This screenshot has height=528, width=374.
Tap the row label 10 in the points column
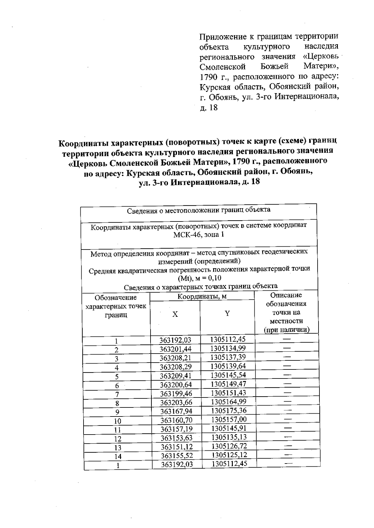117,421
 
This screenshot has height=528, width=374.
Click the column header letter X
175,315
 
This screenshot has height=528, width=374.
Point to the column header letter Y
227,314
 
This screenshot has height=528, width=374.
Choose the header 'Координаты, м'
202,297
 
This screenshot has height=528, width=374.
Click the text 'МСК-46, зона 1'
199,235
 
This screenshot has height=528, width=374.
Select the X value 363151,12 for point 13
176,447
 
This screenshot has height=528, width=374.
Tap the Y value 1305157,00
229,419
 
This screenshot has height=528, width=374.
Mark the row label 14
118,457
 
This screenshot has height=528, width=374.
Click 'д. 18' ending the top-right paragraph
209,108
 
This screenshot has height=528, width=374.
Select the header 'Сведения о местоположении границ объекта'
199,210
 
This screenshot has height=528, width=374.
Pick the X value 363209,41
176,376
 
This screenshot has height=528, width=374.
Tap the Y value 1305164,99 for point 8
228,402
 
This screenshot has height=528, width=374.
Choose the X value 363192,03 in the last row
177,464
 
